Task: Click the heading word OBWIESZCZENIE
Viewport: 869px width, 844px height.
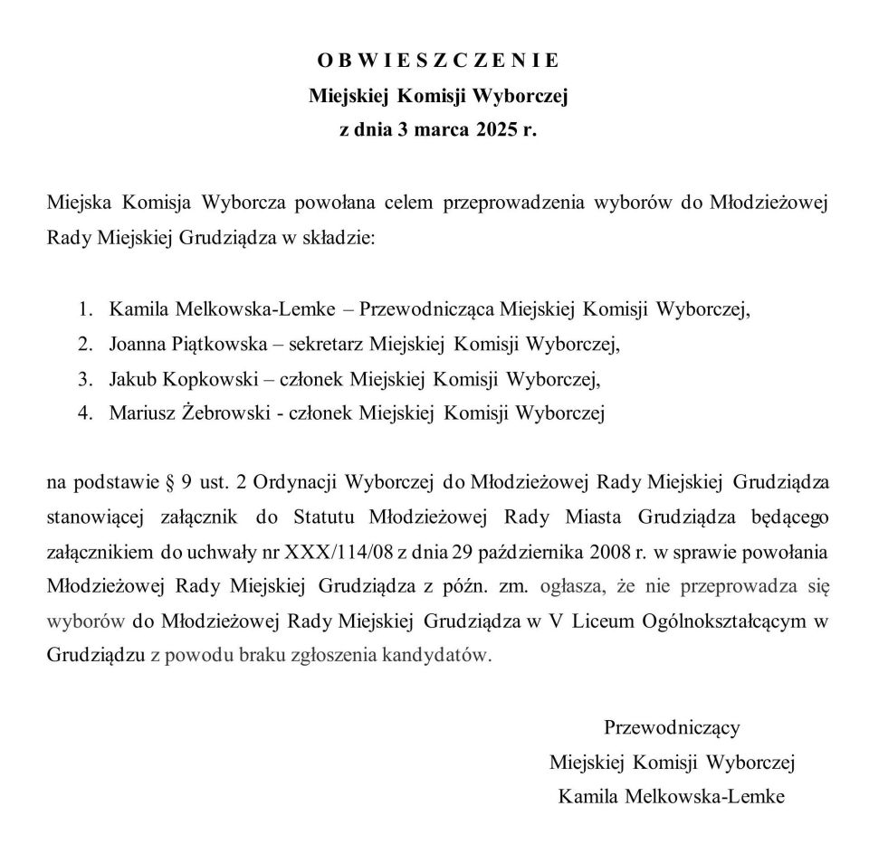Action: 438,61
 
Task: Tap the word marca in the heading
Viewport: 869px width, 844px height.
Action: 429,128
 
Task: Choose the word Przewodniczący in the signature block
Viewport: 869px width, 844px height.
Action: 672,726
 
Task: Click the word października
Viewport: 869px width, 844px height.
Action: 504,551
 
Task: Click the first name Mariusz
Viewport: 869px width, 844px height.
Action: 140,413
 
